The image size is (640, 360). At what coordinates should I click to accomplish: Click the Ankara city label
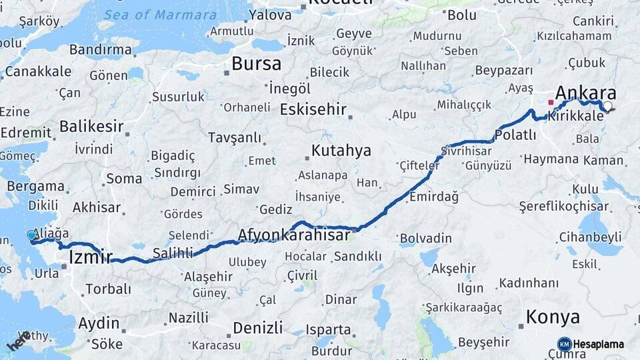tap(585, 93)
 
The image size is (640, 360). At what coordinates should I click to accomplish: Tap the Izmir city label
tap(90, 256)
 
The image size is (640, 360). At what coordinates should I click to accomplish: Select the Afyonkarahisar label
tap(294, 235)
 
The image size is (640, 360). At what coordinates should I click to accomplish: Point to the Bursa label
tap(257, 63)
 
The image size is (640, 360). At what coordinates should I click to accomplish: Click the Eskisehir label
tap(313, 109)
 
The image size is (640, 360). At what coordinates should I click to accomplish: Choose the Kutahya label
tap(341, 150)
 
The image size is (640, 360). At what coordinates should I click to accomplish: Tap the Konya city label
tap(552, 317)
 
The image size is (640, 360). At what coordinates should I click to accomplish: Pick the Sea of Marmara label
tap(160, 15)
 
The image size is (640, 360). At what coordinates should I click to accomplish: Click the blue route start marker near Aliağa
tap(31, 235)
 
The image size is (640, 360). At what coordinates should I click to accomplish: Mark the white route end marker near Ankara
tap(607, 106)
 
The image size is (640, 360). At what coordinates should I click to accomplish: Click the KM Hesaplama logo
tap(591, 344)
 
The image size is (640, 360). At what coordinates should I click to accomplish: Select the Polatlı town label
tap(515, 135)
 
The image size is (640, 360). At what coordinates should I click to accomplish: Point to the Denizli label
tap(260, 328)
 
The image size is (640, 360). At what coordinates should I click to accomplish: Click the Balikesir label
tap(91, 126)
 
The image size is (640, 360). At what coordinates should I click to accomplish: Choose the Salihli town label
tap(173, 253)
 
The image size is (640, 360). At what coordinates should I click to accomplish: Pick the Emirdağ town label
tap(434, 197)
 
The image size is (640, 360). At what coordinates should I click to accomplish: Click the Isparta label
tap(328, 329)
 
